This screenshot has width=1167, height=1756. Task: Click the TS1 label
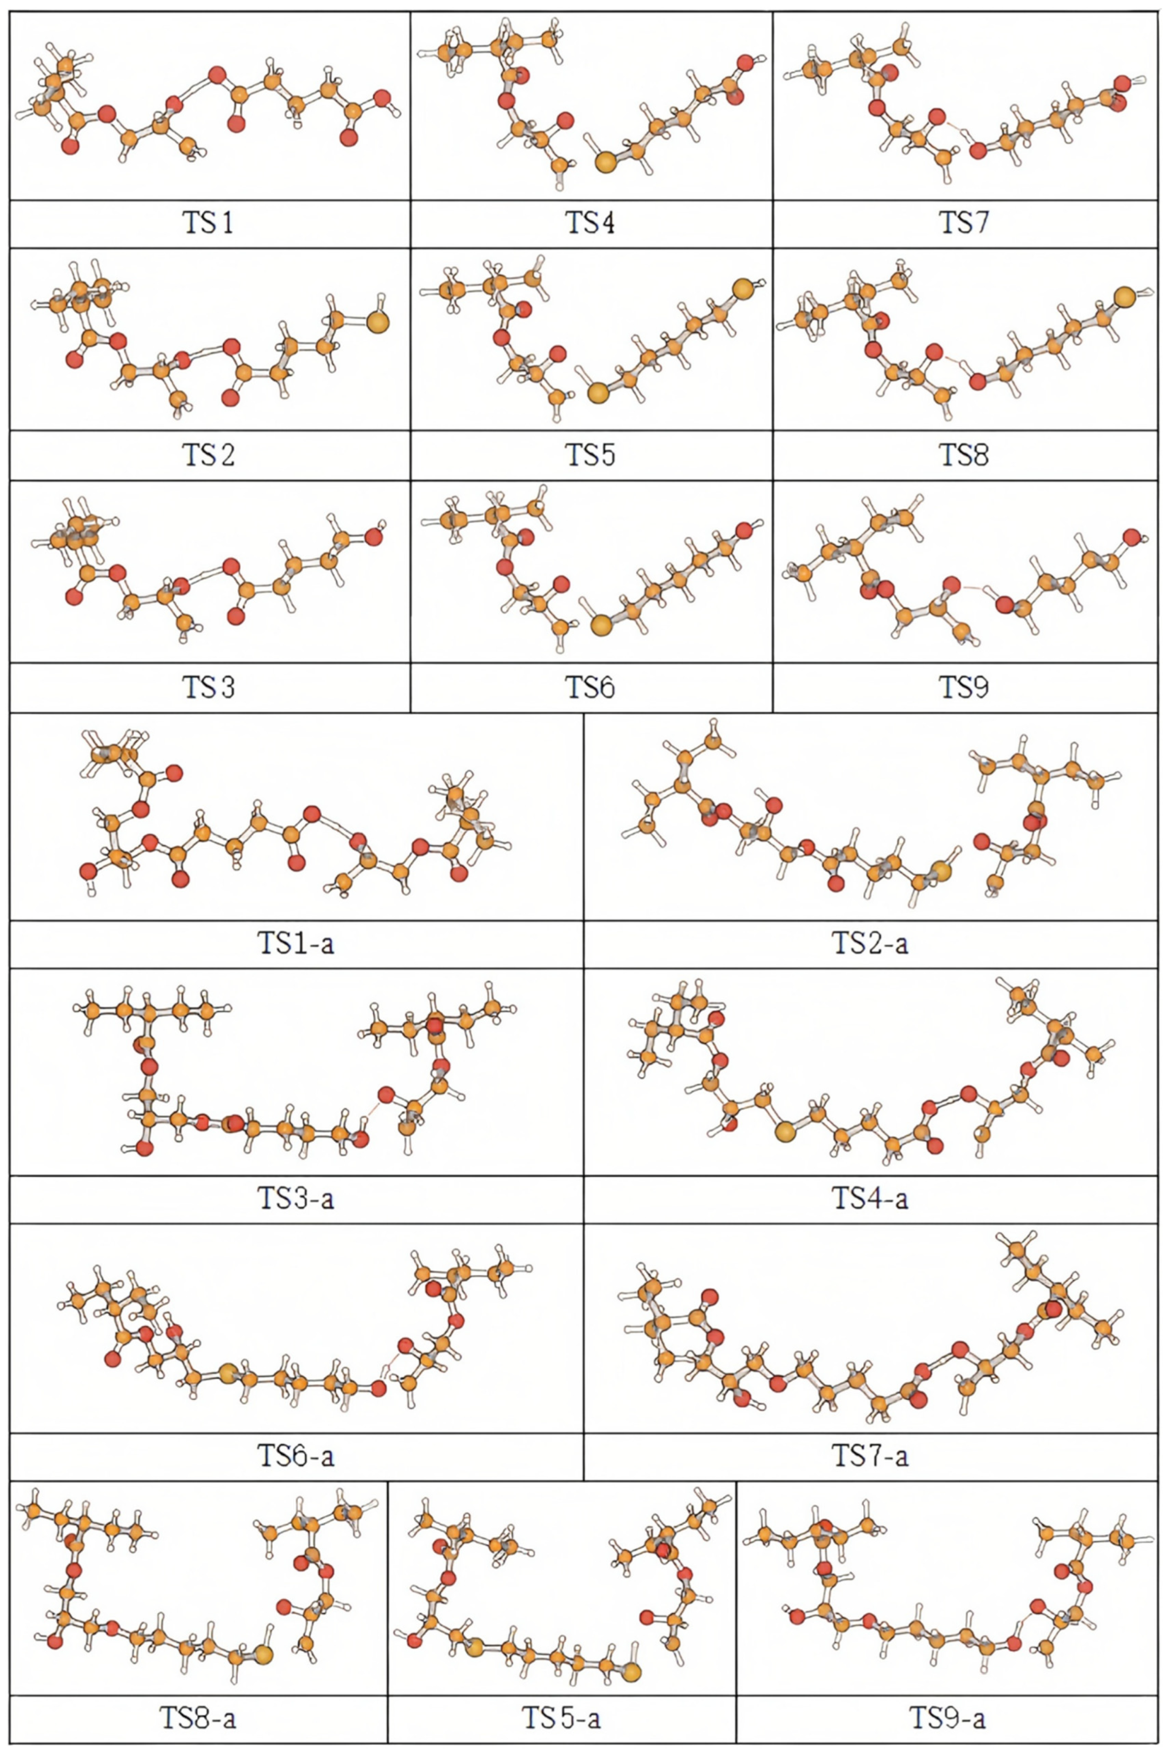point(208,223)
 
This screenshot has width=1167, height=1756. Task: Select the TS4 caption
point(590,223)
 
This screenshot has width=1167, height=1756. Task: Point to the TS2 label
point(208,455)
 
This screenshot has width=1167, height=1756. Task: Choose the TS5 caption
point(590,455)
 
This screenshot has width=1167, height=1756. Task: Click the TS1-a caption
point(296,943)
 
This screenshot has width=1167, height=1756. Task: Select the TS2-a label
point(870,943)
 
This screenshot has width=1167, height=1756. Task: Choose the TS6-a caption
point(296,1455)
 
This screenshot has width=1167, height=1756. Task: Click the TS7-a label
point(870,1455)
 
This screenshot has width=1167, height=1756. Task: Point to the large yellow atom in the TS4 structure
point(606,161)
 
